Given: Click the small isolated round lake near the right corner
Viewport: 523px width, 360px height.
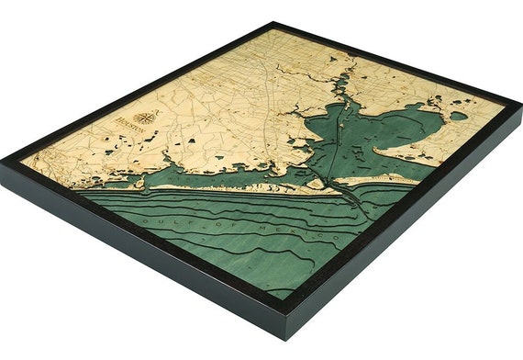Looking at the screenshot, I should pyautogui.click(x=457, y=117).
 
